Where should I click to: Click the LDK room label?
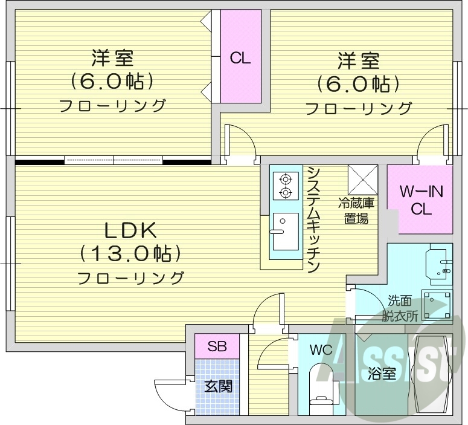130,230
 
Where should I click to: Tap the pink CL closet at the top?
240,57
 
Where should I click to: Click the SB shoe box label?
217,347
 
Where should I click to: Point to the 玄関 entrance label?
217,386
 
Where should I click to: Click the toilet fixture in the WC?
320,387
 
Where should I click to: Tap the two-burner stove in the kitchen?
284,186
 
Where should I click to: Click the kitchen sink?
284,230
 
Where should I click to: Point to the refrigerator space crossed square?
362,179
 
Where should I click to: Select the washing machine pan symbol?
437,304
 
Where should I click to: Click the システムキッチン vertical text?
313,219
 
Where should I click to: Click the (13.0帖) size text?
130,253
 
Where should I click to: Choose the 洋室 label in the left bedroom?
112,59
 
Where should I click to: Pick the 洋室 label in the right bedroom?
358,61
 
